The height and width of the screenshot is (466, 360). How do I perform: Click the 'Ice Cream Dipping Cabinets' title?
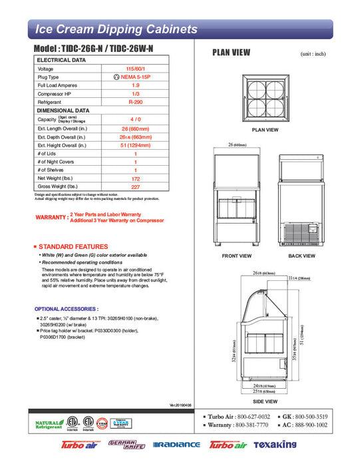[x=116, y=29]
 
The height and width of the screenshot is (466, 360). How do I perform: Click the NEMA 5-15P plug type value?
[x=135, y=77]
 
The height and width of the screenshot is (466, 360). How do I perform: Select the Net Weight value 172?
[x=135, y=178]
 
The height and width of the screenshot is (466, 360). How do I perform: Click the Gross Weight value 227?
[x=135, y=187]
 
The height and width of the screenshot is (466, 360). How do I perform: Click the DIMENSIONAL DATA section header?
[x=63, y=111]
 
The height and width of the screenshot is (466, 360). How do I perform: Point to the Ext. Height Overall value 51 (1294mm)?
[x=135, y=144]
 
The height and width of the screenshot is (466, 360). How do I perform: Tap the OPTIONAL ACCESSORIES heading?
[x=66, y=310]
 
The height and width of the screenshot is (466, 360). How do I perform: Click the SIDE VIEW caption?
[x=266, y=402]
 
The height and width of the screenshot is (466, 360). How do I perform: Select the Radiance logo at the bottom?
[x=176, y=445]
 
